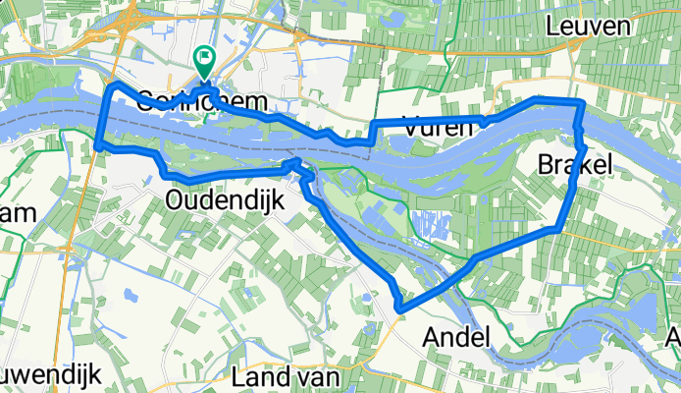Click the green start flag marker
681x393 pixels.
(x=204, y=61)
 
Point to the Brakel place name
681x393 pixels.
(x=574, y=166)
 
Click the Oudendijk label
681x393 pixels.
(x=225, y=200)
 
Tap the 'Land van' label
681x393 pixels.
(x=287, y=375)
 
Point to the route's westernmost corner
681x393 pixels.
(x=99, y=145)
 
